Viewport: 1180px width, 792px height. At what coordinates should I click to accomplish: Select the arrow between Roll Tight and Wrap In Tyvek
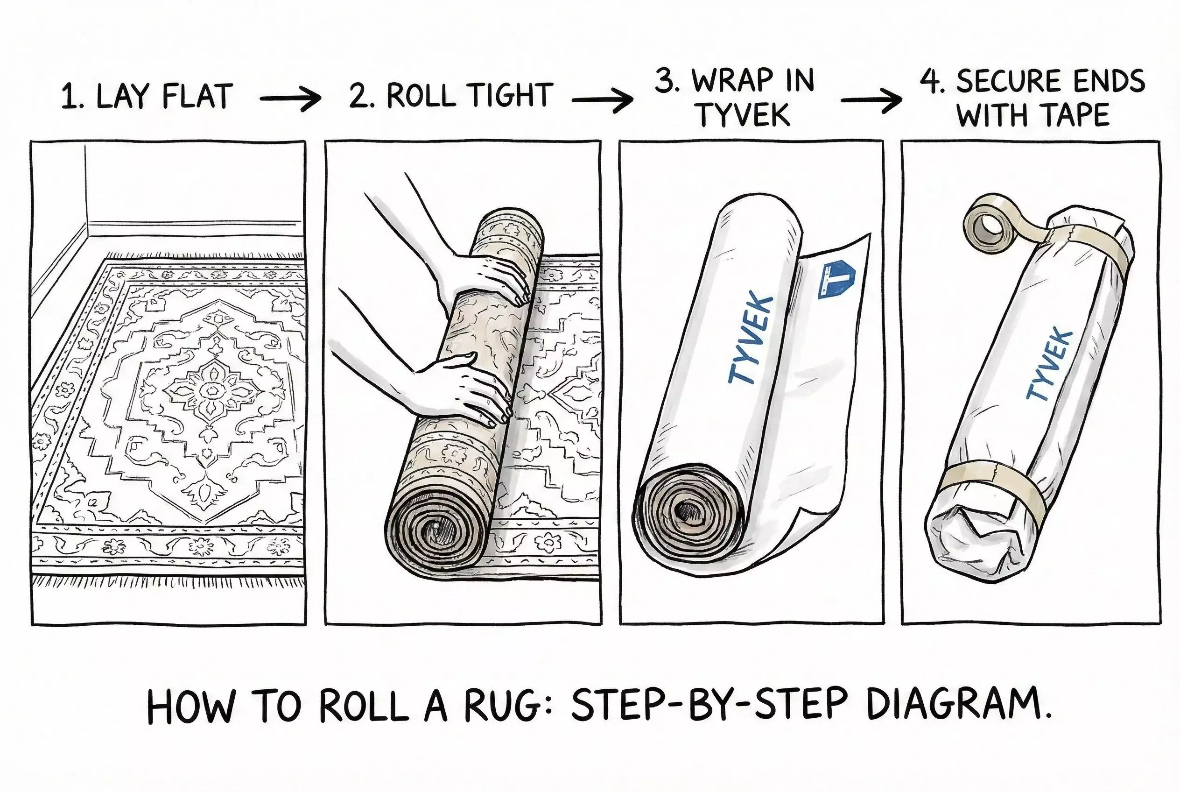(x=602, y=100)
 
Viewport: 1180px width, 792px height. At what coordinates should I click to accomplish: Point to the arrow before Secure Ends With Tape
(x=871, y=100)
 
